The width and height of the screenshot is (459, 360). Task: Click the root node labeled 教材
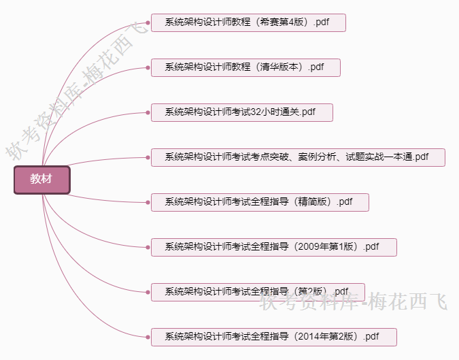41,180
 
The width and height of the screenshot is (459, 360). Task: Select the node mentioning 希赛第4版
248,22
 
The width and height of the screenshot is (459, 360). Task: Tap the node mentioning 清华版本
245,67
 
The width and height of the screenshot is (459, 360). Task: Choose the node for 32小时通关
241,112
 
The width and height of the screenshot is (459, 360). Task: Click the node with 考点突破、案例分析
298,157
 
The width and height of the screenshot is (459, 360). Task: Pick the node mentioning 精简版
260,202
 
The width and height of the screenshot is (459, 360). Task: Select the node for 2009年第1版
273,247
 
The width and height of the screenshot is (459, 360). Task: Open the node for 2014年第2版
273,337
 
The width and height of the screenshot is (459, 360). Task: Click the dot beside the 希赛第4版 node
148,22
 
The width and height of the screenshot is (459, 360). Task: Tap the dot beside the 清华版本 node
148,67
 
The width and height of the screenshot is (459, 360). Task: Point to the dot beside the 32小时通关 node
148,112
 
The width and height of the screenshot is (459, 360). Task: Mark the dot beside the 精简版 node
148,202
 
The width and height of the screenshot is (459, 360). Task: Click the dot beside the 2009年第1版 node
148,247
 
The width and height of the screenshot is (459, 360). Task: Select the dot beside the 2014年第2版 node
148,337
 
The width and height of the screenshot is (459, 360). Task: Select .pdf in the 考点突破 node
421,157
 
